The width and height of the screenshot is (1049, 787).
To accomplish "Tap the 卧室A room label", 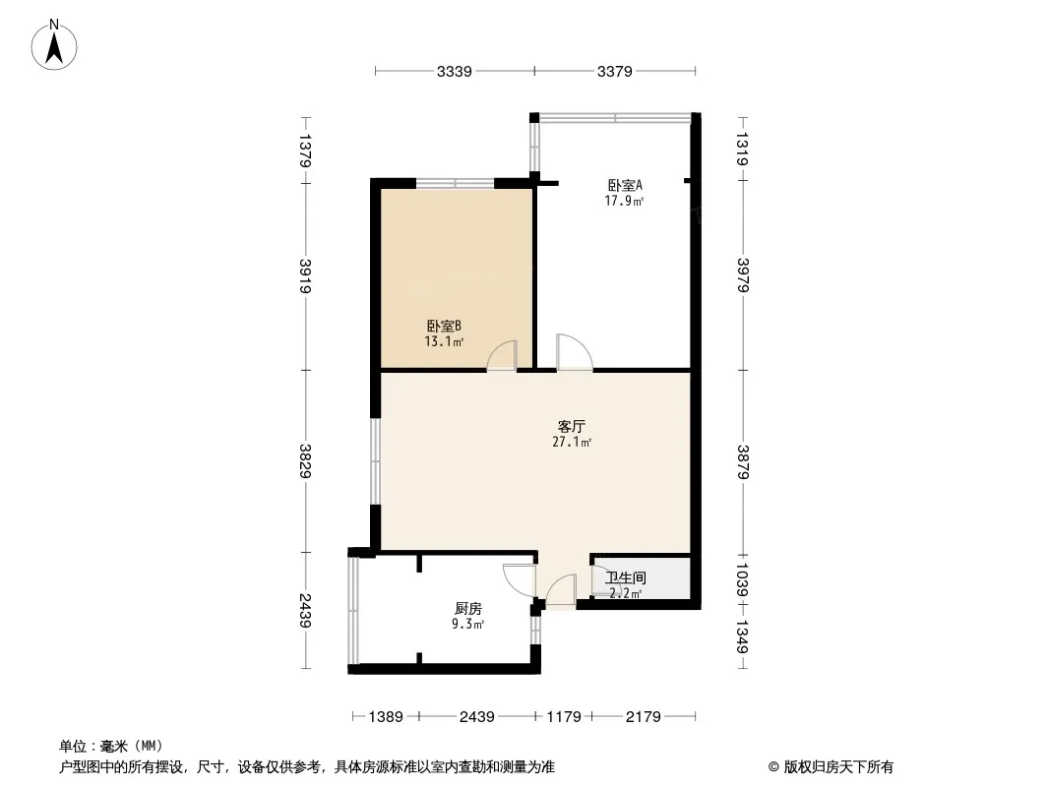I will coord(625,185).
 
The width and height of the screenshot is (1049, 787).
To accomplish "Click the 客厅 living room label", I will coord(572,427).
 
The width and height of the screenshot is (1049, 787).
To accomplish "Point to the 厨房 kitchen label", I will coord(468,608).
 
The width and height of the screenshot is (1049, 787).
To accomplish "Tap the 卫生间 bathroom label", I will coord(625,578).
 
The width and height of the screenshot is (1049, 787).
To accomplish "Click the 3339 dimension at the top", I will coord(455,71).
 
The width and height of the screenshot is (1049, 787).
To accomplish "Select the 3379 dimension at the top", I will coord(615,71).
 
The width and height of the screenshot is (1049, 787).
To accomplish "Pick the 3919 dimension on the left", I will coord(305,276).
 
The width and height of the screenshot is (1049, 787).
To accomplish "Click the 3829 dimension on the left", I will coord(305,460).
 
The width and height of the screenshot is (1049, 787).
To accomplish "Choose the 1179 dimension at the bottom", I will coord(564,717).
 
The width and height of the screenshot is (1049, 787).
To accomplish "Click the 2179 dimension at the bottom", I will coord(644,717).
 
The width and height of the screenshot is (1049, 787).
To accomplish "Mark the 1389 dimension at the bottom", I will coord(387,717).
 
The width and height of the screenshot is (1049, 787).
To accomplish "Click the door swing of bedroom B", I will coord(502,354).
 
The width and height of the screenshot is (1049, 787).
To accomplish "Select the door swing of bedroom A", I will coord(572,351).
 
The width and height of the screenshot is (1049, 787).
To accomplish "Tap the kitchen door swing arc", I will coord(518,580).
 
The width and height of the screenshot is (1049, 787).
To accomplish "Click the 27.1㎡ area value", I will coord(572,443).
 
